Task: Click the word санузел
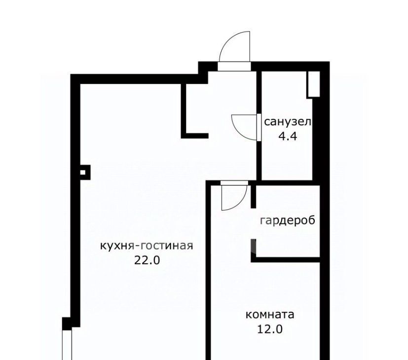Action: (x=288, y=122)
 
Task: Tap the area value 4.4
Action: (x=288, y=136)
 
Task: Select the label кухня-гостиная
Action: (x=147, y=246)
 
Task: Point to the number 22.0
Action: (x=147, y=260)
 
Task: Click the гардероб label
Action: (x=288, y=220)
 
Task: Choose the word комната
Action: (x=270, y=315)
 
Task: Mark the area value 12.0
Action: (x=270, y=329)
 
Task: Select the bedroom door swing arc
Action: (x=241, y=202)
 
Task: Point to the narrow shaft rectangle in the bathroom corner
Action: (x=313, y=84)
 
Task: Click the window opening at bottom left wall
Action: (x=67, y=345)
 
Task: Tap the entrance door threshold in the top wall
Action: (x=234, y=67)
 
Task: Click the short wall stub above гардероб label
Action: (x=254, y=196)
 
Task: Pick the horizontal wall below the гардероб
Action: (x=286, y=259)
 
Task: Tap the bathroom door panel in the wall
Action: (x=259, y=127)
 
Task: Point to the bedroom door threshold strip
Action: (x=234, y=183)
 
